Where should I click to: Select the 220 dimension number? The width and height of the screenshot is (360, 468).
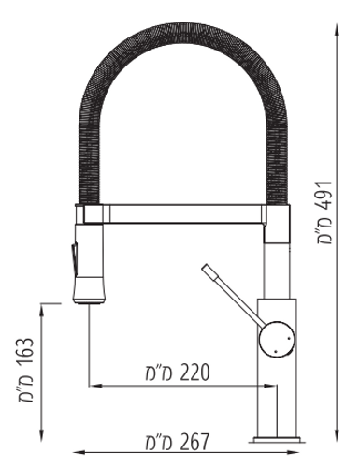coord(194,373)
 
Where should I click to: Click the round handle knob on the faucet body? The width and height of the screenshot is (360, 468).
coord(277,339)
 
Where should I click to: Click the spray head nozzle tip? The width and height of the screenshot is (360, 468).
coord(88,300)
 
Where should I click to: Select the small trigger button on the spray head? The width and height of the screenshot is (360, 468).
coord(74,256)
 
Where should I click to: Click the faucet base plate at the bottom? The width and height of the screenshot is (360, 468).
coord(277,440)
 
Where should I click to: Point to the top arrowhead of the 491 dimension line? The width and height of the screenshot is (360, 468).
coord(337,30)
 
